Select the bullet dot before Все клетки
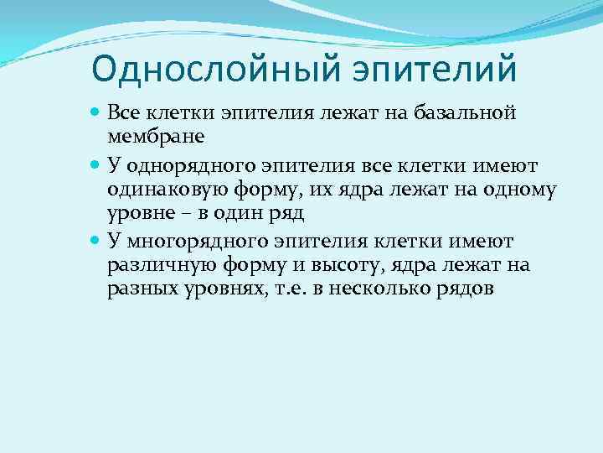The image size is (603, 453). pyautogui.click(x=95, y=112)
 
